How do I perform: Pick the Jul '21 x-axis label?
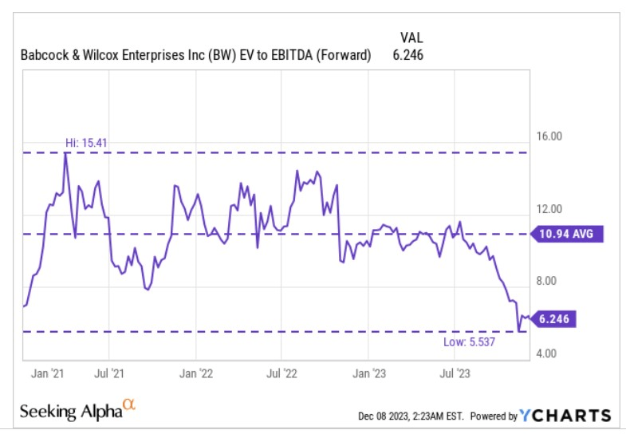click(x=108, y=372)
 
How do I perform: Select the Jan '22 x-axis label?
click(x=195, y=372)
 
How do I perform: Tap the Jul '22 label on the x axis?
click(x=281, y=372)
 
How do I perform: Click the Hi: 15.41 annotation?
click(x=86, y=143)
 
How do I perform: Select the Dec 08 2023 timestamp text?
click(x=409, y=416)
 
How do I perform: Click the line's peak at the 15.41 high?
click(x=65, y=153)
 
